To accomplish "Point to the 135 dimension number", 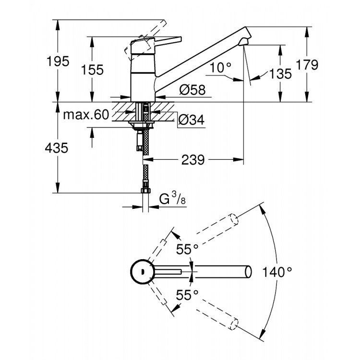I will [x=280, y=73].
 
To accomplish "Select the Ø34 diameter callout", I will [x=191, y=120].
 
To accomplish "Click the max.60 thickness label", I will [x=86, y=115].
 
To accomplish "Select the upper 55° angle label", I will [x=187, y=250].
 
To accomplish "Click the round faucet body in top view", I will [x=141, y=272].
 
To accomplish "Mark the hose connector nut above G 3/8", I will [x=144, y=191].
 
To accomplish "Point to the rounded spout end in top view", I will [x=248, y=271].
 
